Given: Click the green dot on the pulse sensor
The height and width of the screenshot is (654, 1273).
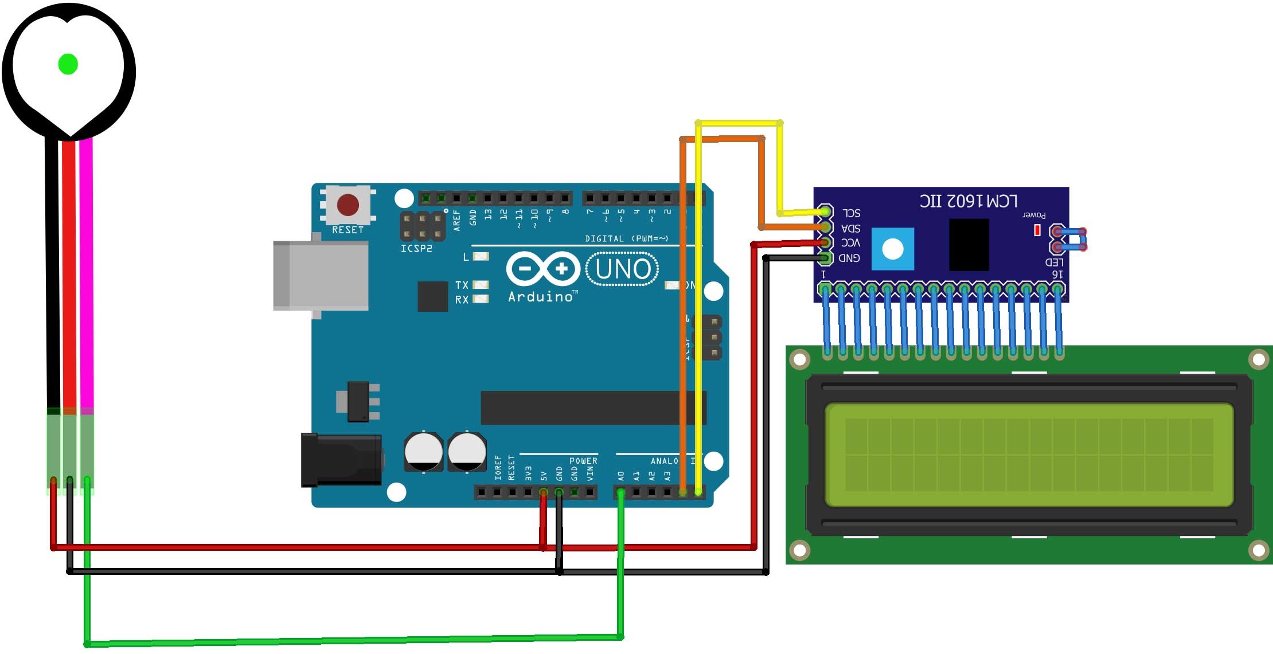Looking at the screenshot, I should click(68, 64).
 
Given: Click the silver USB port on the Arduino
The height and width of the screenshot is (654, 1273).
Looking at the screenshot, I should click(321, 276).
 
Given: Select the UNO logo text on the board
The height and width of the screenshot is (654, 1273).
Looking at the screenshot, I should click(623, 269).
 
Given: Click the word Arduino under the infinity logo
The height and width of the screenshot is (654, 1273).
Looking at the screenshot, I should click(541, 297).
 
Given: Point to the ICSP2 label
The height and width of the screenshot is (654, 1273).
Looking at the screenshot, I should click(416, 249).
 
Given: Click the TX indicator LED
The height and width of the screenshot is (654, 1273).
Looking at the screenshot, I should click(481, 284).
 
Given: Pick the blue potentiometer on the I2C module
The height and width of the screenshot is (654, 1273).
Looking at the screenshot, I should click(892, 249).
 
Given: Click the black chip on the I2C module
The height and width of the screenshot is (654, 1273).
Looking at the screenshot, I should click(969, 244).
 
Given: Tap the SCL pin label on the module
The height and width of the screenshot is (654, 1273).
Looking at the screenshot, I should click(851, 213).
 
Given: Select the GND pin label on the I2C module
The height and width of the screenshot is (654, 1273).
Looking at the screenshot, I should click(849, 258).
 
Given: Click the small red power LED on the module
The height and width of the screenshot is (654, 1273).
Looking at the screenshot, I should click(1037, 230).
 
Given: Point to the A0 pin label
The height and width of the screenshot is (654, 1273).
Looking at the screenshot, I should click(621, 476).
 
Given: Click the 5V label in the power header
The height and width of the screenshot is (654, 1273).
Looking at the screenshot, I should click(544, 476).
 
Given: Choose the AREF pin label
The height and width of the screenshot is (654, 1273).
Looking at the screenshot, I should click(457, 220).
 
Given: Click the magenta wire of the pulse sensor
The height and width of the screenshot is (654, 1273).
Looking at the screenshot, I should click(87, 275).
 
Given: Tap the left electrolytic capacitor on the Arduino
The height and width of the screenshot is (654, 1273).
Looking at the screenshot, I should click(423, 452).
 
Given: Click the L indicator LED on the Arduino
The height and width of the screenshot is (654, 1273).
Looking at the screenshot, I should click(481, 257).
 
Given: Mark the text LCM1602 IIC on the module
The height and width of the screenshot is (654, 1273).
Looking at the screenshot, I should click(969, 201).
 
